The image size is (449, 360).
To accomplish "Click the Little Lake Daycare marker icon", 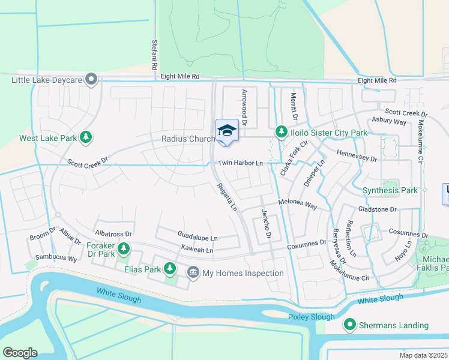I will pos(91,79).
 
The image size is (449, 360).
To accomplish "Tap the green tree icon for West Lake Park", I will pos(86,138).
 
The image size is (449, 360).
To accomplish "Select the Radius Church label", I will pos(188,139).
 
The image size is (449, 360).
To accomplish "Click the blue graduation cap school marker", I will pos(227,130).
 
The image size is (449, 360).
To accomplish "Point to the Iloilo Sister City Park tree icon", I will pos(280,131).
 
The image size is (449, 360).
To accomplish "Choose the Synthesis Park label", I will pos(390,191).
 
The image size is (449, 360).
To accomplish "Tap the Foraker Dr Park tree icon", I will pos(124,248).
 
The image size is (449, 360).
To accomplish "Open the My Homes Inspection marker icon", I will pos(193,273).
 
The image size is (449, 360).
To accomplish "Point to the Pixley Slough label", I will pos(311,316).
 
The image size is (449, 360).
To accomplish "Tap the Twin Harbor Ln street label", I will pos(240,163).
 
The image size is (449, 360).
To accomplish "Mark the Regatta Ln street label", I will pos(227,197).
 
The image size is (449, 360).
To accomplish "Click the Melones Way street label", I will pos(297,205).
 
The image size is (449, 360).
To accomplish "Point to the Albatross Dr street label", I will pos(113,232).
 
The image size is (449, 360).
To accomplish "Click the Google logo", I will pos(20,352).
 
